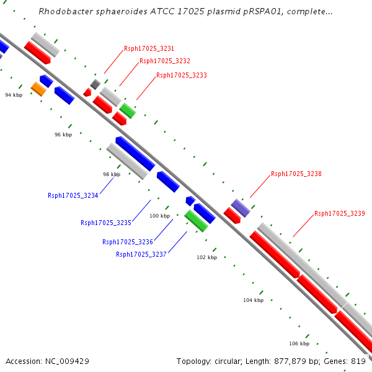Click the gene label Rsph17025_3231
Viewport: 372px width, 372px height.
click(x=149, y=48)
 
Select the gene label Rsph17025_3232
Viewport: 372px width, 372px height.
click(x=165, y=61)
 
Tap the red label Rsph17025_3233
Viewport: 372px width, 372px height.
click(x=182, y=75)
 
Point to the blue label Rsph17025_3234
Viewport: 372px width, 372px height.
click(x=73, y=195)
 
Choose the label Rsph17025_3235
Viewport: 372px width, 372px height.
click(x=105, y=223)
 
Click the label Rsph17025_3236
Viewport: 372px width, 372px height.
click(x=127, y=242)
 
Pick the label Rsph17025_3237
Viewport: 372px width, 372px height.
click(x=141, y=254)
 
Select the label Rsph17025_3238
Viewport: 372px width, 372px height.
click(x=296, y=174)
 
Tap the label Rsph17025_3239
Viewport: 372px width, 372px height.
click(x=339, y=213)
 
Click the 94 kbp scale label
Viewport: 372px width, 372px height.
click(x=14, y=95)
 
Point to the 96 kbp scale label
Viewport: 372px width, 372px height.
click(x=63, y=135)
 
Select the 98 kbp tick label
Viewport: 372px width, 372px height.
click(x=112, y=175)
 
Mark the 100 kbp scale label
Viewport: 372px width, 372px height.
click(x=159, y=216)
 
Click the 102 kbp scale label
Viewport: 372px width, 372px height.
click(x=207, y=257)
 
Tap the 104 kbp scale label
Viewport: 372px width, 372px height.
click(x=253, y=300)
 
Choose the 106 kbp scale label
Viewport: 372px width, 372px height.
click(x=299, y=343)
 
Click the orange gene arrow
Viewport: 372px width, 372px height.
click(x=38, y=89)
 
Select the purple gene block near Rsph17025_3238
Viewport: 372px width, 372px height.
click(x=241, y=208)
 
